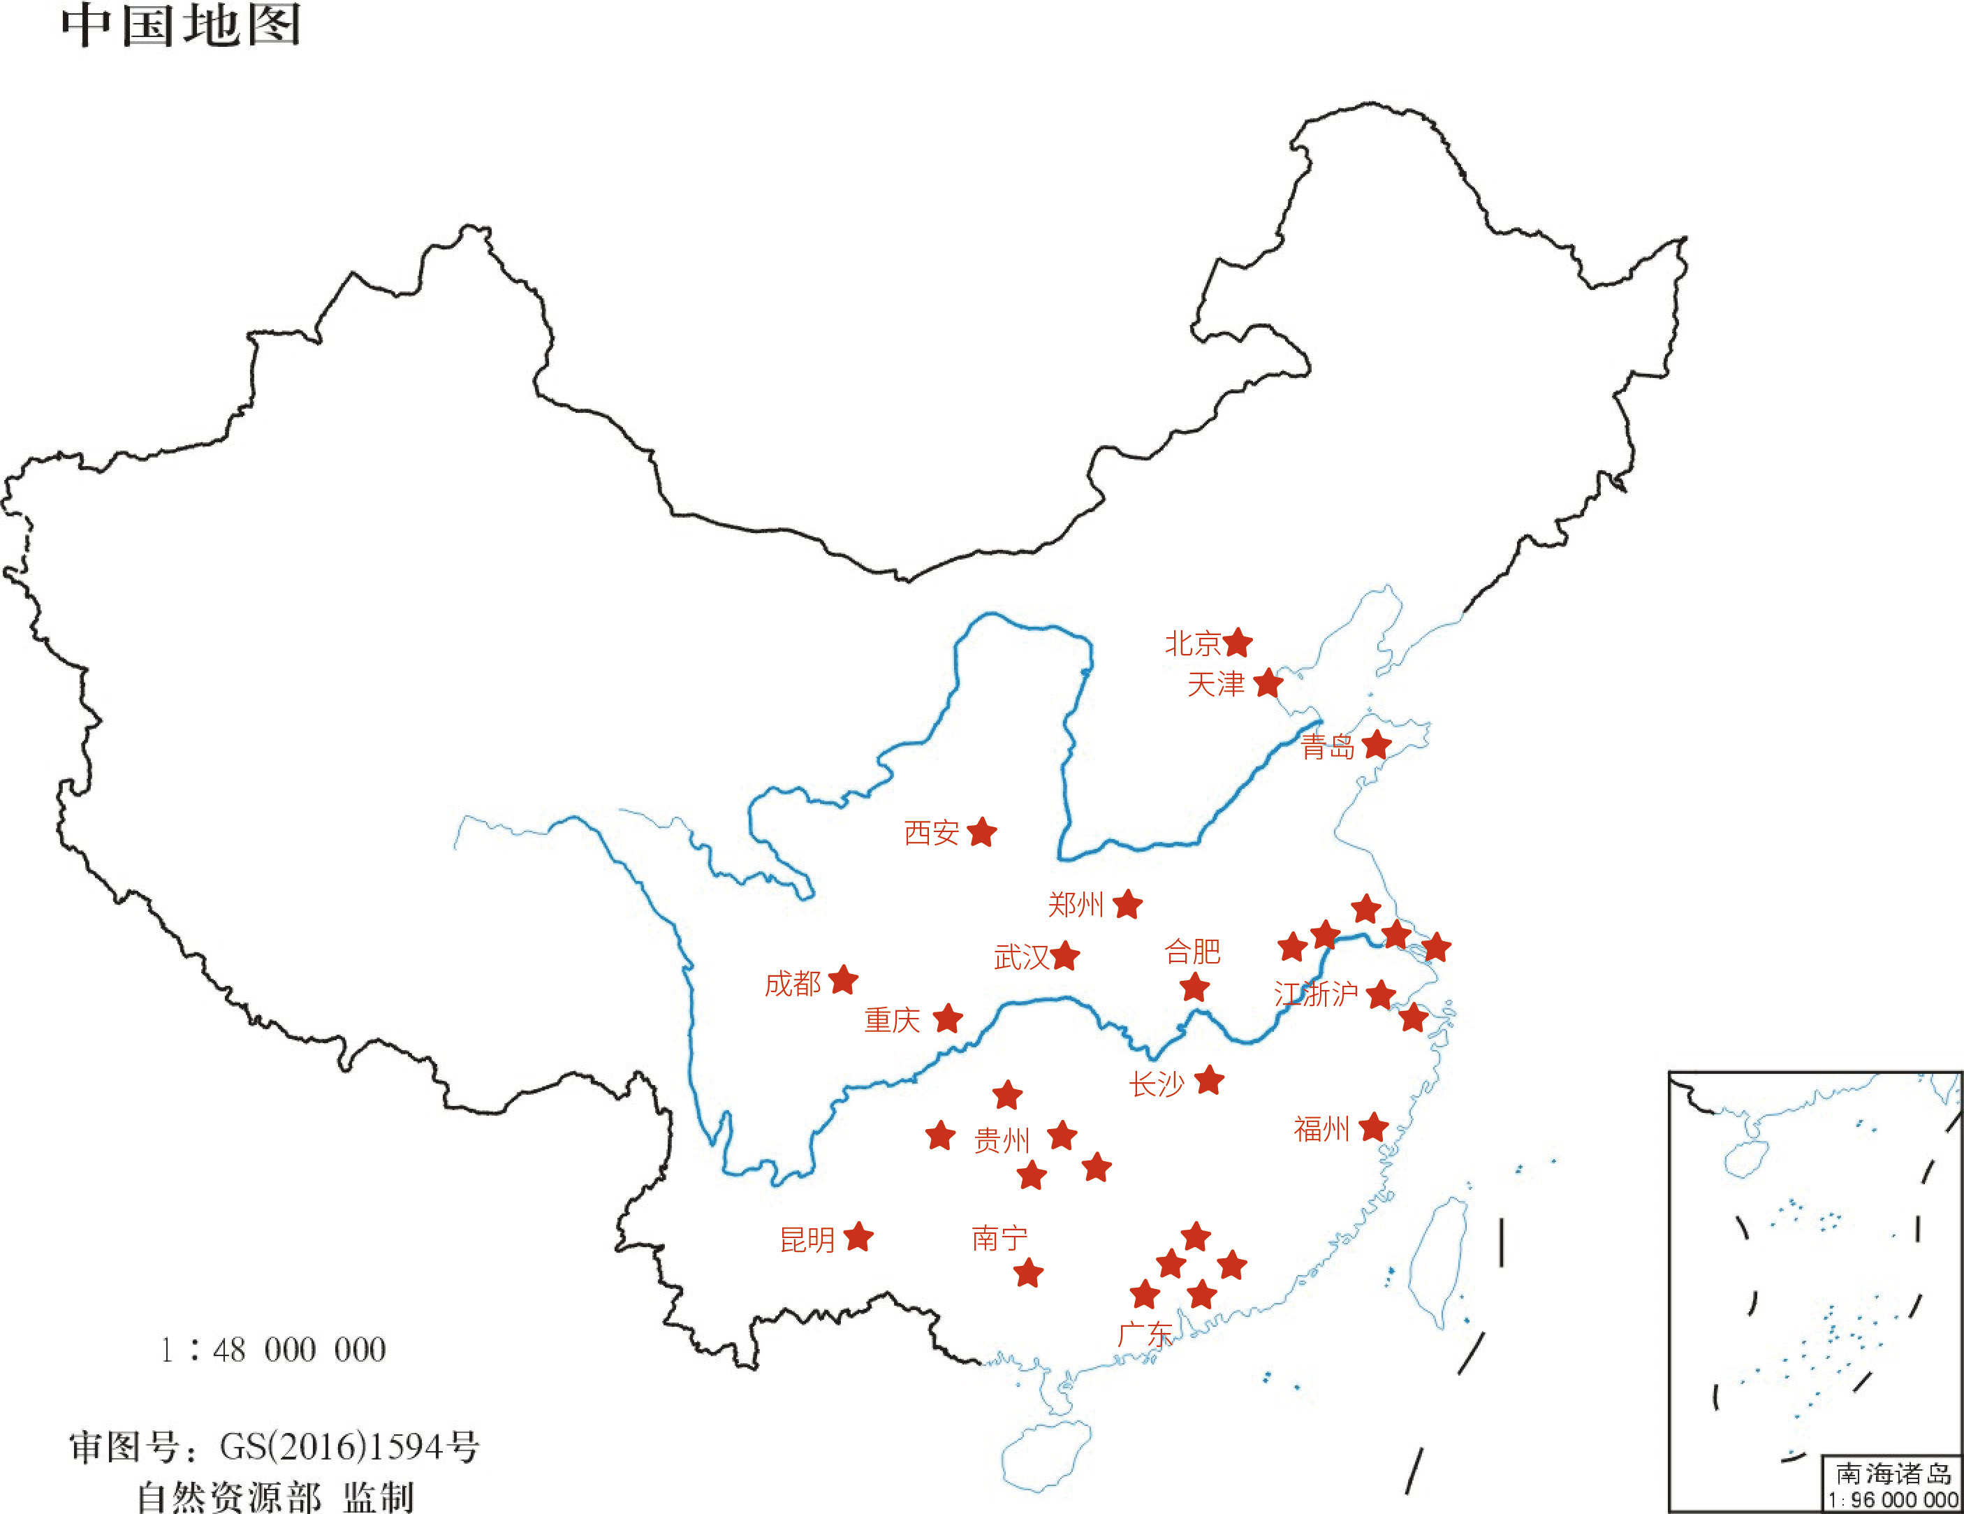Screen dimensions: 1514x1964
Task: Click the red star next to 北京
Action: [x=1238, y=642]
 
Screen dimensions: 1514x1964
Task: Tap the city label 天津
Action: [x=1215, y=685]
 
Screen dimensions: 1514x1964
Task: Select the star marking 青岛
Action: [x=1376, y=745]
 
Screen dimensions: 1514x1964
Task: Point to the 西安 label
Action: [x=931, y=833]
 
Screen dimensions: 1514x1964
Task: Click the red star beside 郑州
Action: [x=1127, y=904]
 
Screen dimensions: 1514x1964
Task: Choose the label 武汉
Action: [x=1020, y=957]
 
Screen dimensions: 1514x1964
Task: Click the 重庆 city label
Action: [x=892, y=1020]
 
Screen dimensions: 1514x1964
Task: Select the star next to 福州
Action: [x=1373, y=1127]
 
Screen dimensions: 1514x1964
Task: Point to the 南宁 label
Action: [x=999, y=1239]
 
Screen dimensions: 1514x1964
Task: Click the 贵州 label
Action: [x=1001, y=1141]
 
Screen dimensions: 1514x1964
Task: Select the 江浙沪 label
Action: [x=1316, y=994]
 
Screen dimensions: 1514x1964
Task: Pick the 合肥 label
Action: [x=1192, y=951]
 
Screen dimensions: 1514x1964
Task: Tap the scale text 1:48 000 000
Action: [x=273, y=1349]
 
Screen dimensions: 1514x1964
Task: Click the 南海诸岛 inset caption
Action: [x=1893, y=1473]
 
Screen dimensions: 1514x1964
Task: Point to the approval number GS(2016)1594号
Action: [x=349, y=1446]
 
